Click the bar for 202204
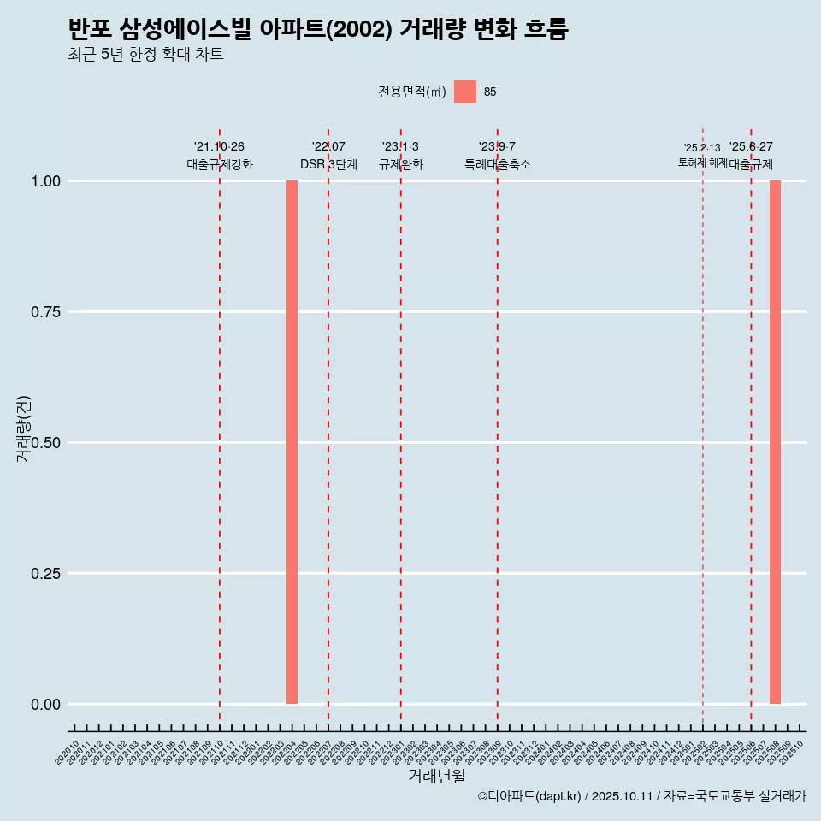(292, 442)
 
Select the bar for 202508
(775, 442)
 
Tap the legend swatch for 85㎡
(464, 92)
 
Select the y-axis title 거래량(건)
(23, 428)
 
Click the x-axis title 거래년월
(436, 777)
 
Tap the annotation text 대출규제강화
(220, 164)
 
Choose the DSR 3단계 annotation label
(328, 164)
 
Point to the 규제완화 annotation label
(401, 164)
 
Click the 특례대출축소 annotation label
(498, 164)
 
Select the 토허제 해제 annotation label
(702, 162)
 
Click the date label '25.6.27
(751, 147)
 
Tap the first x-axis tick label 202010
(67, 753)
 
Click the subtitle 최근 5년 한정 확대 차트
(145, 55)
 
